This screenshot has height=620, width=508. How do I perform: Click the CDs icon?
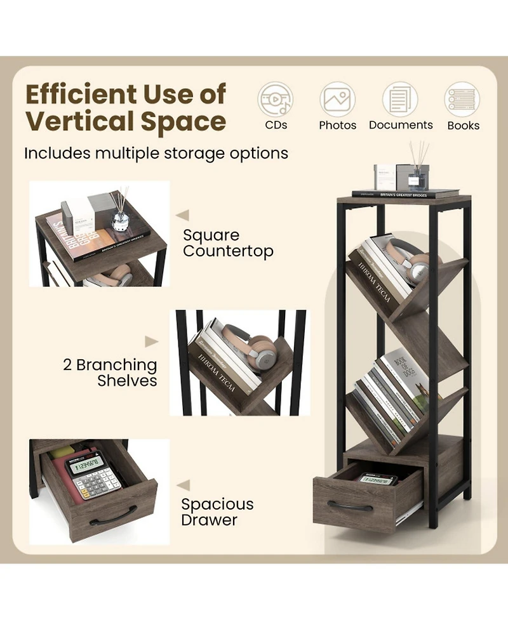(x=275, y=100)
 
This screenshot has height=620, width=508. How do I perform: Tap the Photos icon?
(x=337, y=100)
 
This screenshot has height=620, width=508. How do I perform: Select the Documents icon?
(x=401, y=100)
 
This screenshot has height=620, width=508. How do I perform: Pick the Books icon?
(x=462, y=100)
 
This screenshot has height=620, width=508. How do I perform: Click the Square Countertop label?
(x=228, y=243)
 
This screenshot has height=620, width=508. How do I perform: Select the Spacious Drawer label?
(x=217, y=512)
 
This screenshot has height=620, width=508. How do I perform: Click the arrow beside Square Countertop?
(x=183, y=215)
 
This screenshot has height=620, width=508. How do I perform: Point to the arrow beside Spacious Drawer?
(x=183, y=485)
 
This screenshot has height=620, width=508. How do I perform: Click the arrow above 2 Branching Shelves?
(x=151, y=342)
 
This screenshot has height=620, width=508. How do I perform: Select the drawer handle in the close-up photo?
(x=113, y=516)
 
